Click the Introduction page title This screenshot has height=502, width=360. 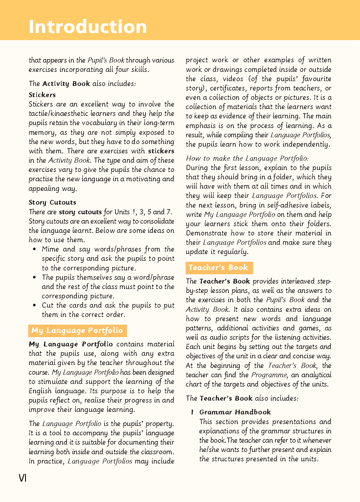pos(88,26)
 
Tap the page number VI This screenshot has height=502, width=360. pos(22,478)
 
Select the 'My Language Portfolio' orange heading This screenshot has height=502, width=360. pos(77,330)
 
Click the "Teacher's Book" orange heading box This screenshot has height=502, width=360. pos(219,268)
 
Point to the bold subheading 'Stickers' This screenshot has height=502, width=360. pos(42,95)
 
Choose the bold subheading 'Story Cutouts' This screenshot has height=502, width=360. pos(52,202)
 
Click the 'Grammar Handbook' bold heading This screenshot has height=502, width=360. pos(235,412)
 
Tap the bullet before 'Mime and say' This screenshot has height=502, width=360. pos(34,249)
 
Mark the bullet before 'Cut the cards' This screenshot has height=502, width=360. pos(34,305)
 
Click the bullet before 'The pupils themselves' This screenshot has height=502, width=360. pos(34,277)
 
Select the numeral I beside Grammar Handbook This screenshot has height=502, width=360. pos(192,412)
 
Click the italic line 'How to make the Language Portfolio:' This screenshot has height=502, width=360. pos(247,158)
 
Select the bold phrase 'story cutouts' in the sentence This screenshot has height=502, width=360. pos(80,212)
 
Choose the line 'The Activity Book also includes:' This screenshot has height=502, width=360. pos(82,84)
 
